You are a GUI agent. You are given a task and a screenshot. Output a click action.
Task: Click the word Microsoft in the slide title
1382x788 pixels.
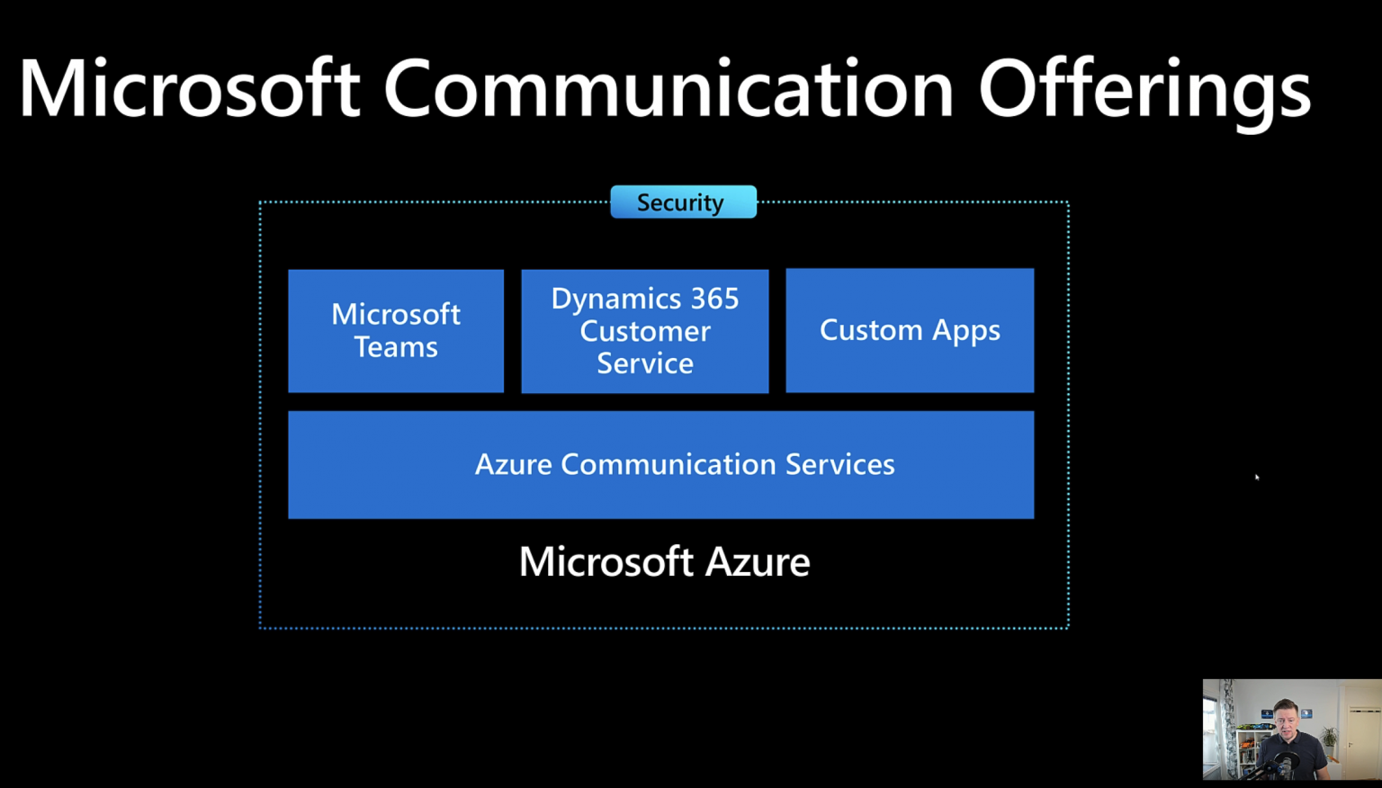[190, 87]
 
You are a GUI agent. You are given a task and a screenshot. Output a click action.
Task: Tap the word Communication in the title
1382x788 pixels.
[669, 87]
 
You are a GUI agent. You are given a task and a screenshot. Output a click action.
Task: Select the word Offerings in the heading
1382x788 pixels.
[1145, 94]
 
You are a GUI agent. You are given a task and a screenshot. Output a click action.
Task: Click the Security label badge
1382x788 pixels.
[684, 201]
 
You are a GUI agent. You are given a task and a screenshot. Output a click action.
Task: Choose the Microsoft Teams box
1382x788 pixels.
[396, 330]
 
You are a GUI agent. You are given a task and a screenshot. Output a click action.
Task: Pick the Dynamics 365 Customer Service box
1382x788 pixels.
[645, 331]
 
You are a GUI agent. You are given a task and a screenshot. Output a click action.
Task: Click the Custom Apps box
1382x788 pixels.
[910, 330]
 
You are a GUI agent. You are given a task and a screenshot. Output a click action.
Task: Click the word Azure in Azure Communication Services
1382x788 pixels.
[514, 464]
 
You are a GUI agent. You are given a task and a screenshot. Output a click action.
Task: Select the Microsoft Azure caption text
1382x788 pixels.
[665, 561]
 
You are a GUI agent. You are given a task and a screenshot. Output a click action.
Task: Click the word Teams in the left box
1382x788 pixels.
[396, 347]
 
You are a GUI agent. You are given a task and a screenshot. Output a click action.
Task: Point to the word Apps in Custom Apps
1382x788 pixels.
[966, 331]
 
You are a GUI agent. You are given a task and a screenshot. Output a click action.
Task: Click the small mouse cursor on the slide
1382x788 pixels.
[1257, 477]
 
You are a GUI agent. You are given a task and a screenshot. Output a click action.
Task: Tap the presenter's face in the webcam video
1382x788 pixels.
[1286, 722]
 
